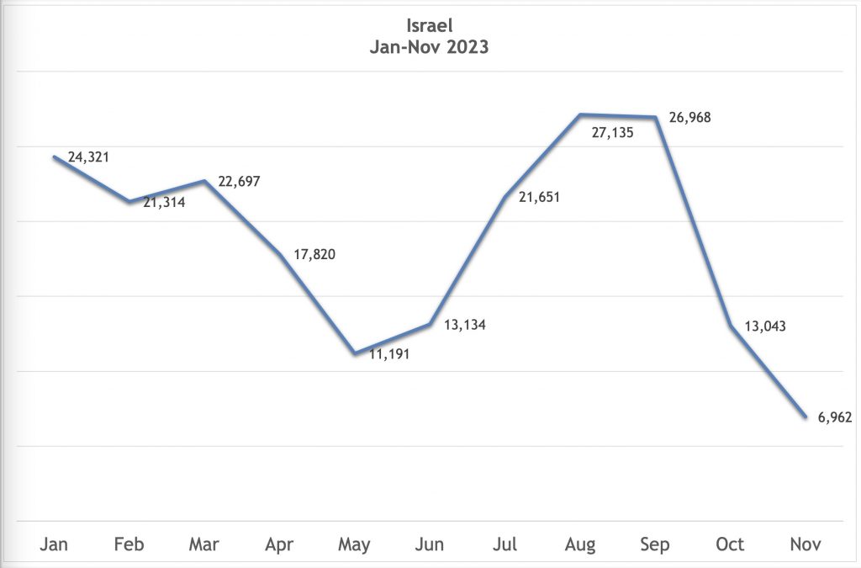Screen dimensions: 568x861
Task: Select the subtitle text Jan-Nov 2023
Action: pos(430,47)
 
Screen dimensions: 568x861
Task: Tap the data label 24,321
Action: pos(88,157)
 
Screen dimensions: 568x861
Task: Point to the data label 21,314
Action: pos(164,202)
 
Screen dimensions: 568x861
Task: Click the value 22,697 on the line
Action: pos(240,182)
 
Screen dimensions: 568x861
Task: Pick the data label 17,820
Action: pos(314,254)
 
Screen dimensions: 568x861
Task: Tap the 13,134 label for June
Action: pos(464,325)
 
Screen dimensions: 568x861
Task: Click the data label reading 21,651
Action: pos(539,198)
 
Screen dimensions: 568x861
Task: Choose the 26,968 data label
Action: pos(689,118)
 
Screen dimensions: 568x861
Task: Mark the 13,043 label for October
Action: pos(765,326)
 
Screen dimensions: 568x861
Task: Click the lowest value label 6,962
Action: pos(835,416)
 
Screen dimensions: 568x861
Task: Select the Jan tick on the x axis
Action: pos(55,544)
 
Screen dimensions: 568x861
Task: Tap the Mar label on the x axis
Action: pos(204,544)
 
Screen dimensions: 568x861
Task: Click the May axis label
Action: pos(354,545)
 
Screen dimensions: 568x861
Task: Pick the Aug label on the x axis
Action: pos(579,545)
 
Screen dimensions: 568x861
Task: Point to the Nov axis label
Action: pos(805,544)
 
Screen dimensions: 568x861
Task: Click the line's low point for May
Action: pos(355,353)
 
